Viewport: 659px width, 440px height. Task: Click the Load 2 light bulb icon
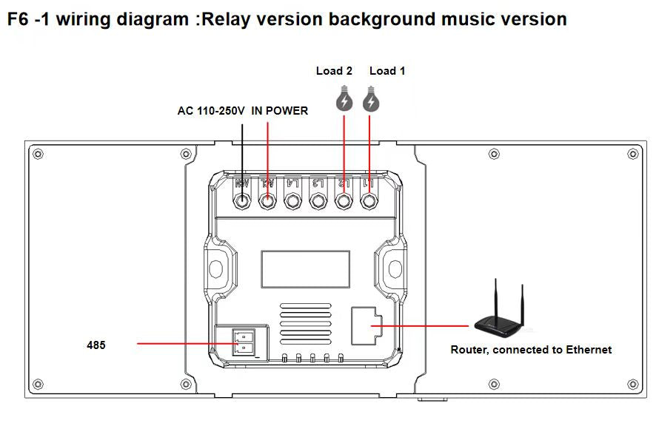(x=344, y=100)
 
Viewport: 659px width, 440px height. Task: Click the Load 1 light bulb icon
(x=371, y=100)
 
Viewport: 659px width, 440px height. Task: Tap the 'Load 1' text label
(x=387, y=71)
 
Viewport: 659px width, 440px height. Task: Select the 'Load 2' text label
(x=334, y=71)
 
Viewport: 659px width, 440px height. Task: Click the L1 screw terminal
(x=369, y=201)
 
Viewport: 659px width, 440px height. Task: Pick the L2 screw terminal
(x=344, y=201)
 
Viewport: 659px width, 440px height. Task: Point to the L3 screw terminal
(x=318, y=201)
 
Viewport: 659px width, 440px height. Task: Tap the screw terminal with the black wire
(x=242, y=201)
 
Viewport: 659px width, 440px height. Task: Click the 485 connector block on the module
(x=243, y=342)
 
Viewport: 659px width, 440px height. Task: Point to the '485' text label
(x=96, y=345)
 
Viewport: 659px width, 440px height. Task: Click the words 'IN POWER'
(x=280, y=111)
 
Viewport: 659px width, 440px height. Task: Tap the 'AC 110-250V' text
(x=210, y=111)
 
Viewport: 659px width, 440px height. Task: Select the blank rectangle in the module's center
(x=305, y=268)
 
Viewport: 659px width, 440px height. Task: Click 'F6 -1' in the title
(x=27, y=19)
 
